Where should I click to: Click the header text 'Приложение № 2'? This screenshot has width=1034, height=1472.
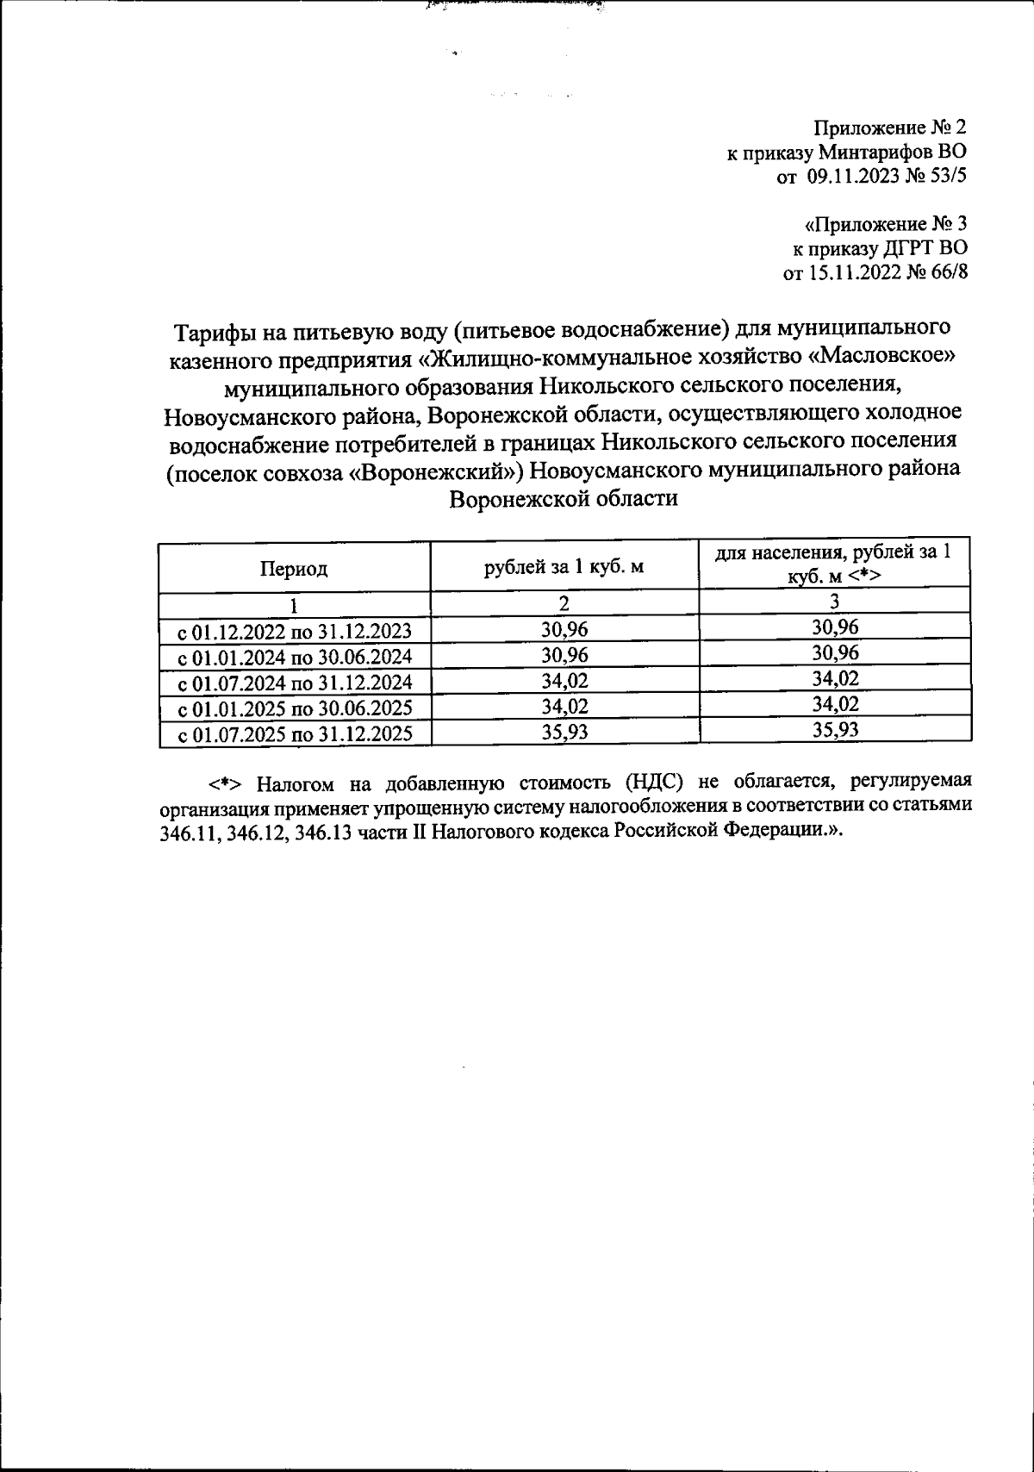[890, 128]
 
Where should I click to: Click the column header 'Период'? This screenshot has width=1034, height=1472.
[294, 569]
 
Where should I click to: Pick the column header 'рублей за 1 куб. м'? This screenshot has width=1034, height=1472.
[564, 567]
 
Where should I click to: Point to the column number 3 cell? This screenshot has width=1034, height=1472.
[834, 602]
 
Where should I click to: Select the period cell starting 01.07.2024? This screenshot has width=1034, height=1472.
[294, 683]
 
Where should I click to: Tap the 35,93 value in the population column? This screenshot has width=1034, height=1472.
[834, 730]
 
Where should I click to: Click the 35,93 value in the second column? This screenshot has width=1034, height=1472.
[564, 732]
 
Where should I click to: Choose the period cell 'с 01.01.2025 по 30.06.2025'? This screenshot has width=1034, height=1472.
[294, 708]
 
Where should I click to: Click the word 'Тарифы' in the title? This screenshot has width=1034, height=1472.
[211, 331]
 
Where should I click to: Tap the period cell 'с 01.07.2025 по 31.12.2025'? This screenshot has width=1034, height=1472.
[294, 734]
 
